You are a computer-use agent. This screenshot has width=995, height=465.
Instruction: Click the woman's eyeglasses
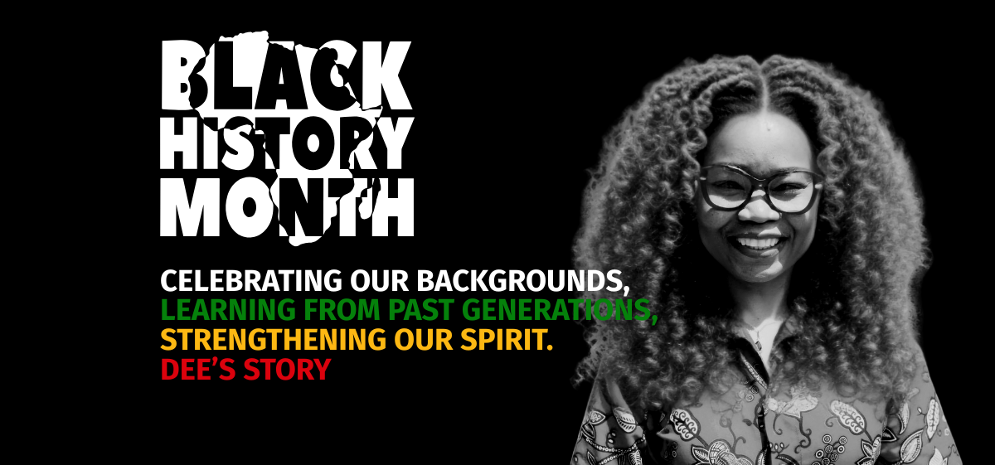pyautogui.click(x=758, y=186)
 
